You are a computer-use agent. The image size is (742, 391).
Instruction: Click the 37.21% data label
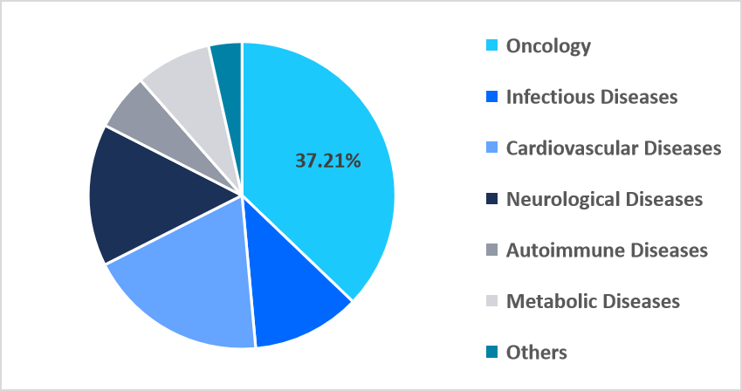point(327,161)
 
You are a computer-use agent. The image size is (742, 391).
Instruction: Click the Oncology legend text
point(548,46)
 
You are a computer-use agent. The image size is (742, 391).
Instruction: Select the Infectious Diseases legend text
point(592,97)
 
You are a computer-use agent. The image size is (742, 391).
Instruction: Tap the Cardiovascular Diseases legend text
point(614,148)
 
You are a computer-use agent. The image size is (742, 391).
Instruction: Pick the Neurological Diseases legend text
point(604,199)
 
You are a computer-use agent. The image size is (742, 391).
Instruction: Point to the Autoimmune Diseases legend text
point(607,250)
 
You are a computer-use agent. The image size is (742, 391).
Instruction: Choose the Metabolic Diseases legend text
point(593,301)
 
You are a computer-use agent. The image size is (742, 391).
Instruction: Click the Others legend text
point(537,353)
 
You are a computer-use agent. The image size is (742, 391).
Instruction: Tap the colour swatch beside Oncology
point(491,46)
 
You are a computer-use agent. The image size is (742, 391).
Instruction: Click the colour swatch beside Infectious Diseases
point(491,97)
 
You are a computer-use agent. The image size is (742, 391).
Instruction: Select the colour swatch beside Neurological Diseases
point(491,199)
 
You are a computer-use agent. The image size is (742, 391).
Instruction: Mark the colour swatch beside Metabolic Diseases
point(491,301)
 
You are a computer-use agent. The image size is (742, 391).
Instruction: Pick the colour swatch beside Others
point(491,353)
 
